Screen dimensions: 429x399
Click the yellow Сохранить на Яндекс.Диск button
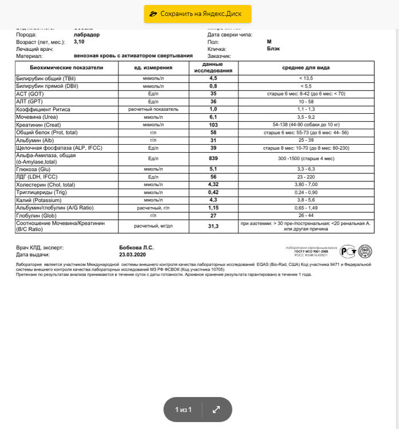[x=197, y=14]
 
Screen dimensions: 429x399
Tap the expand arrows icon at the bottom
[x=216, y=410]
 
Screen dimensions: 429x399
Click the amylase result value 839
[x=213, y=158]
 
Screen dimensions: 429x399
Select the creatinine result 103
[x=213, y=125]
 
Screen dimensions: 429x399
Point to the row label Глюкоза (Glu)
[x=36, y=169]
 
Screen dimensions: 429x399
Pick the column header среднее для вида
[x=306, y=67]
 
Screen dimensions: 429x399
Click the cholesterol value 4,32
[x=213, y=185]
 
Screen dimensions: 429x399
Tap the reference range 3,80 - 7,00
[x=306, y=185]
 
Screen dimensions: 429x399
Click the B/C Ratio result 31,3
[x=213, y=227]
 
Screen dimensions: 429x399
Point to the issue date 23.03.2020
[x=132, y=255]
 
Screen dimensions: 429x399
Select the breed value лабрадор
[x=86, y=34]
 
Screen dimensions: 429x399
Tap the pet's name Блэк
[x=273, y=49]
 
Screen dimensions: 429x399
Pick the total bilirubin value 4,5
[x=213, y=78]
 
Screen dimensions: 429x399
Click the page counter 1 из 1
[x=183, y=410]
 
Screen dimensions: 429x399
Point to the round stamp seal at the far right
[x=365, y=251]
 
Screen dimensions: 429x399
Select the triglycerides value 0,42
[x=213, y=192]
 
